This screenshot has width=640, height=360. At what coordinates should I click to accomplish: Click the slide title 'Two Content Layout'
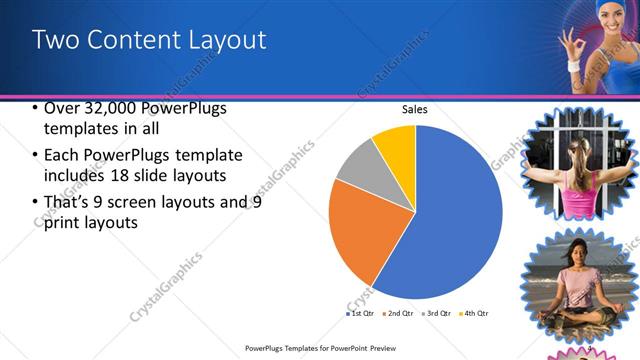tap(149, 40)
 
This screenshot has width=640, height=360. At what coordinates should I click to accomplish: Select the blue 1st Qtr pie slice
tap(440, 220)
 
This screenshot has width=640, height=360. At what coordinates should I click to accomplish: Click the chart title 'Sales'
tap(414, 110)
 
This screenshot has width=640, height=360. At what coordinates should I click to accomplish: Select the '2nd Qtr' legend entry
tap(399, 313)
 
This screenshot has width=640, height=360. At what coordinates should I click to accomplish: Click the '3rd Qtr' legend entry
tap(436, 313)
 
